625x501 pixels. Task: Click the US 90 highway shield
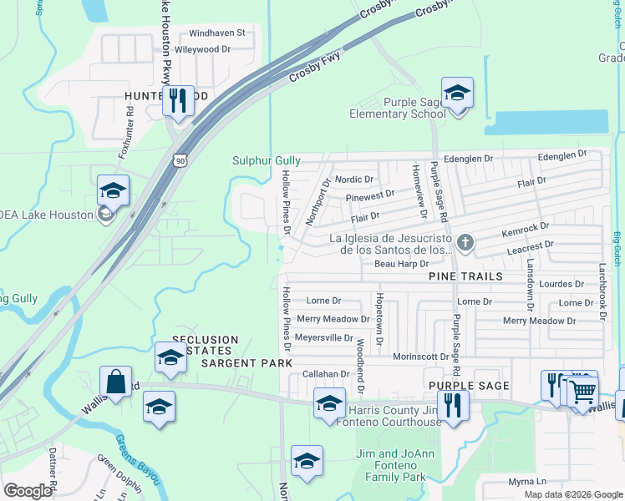[180, 159]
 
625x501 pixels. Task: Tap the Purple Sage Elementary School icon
[457, 94]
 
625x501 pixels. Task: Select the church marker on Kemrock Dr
[466, 243]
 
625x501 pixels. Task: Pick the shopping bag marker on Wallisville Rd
[116, 382]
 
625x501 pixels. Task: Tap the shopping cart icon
[583, 390]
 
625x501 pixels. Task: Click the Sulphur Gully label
[266, 160]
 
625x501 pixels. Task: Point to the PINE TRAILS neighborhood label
[465, 276]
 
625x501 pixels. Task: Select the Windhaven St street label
[216, 33]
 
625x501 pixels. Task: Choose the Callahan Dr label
[325, 374]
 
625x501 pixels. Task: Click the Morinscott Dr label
[421, 357]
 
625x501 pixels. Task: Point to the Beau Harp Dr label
[401, 264]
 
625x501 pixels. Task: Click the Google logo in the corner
[28, 491]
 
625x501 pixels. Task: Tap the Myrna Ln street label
[526, 482]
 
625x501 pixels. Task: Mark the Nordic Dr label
[353, 180]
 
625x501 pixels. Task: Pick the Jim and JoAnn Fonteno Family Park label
[391, 466]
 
